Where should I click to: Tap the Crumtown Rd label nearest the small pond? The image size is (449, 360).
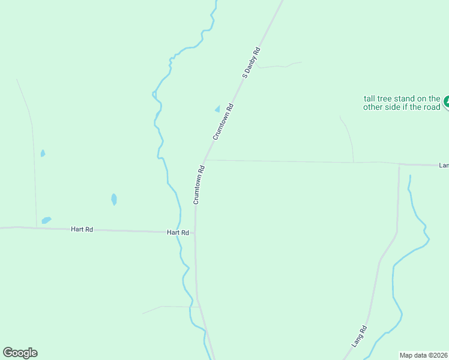coord(223,122)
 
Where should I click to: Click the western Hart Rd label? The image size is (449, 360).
coord(82,229)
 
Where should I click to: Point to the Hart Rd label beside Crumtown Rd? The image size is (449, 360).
coord(178,232)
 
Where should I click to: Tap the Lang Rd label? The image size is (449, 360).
coord(359,337)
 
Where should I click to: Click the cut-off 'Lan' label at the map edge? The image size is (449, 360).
coord(444,165)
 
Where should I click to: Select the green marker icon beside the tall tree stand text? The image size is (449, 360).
coord(447,103)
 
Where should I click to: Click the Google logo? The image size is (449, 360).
coord(20,353)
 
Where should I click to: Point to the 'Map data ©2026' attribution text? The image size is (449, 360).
coord(423,355)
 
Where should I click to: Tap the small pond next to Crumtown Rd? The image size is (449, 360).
coord(217,109)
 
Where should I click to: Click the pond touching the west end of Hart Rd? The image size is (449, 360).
coord(46,221)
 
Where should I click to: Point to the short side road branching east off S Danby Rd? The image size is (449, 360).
coord(280,65)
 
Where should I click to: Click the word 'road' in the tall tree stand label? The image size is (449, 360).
coord(432,107)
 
